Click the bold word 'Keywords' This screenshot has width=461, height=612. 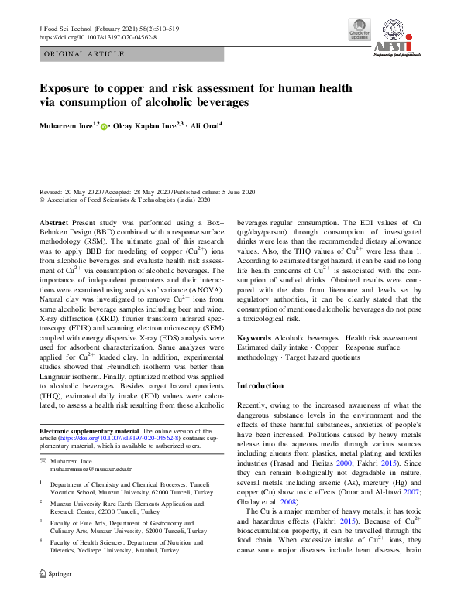253,338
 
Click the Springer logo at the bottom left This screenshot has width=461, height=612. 55,596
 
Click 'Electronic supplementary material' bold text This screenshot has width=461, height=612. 89,431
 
